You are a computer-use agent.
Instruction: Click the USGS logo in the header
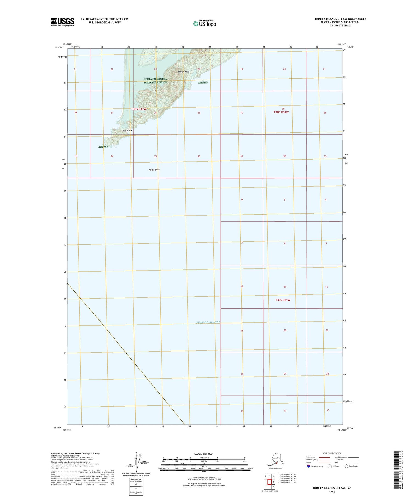62,22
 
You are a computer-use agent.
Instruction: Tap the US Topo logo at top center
204,23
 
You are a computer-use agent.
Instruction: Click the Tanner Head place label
183,72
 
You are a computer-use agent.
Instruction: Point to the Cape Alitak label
127,130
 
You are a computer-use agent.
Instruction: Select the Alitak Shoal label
154,170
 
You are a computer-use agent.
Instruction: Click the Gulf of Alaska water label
208,322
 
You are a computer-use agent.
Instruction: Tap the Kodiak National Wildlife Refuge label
155,80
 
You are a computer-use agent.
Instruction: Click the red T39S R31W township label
283,300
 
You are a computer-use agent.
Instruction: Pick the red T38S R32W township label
139,109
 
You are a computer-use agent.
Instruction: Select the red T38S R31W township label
281,112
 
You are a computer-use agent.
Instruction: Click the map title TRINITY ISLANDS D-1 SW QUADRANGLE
340,19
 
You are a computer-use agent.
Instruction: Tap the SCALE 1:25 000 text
203,454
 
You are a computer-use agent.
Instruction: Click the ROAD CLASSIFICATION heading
332,453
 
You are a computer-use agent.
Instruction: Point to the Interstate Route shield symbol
308,466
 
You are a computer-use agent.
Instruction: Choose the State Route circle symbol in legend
346,466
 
